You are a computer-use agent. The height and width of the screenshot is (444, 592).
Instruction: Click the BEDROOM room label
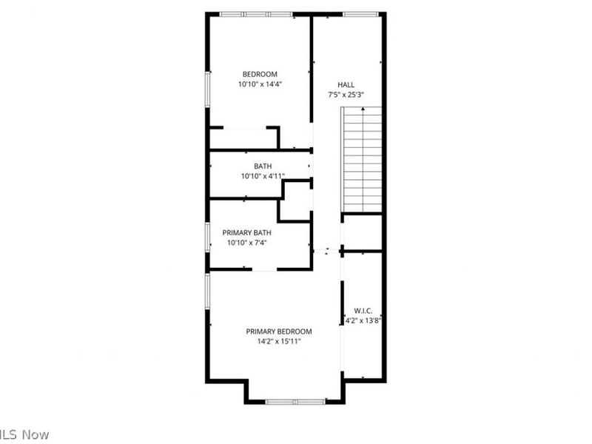point(260,73)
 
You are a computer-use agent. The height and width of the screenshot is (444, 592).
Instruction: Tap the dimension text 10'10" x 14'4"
point(260,84)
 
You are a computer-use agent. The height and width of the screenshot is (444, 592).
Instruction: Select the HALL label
point(346,84)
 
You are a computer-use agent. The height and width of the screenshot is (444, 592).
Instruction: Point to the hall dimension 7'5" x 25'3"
point(346,95)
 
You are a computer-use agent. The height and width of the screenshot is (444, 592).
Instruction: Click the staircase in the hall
point(362,158)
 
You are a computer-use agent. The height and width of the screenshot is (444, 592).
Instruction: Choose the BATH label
point(263,166)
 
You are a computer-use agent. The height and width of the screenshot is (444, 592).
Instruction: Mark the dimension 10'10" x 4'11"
point(263,176)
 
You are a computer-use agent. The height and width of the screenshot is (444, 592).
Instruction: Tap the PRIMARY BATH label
point(246,232)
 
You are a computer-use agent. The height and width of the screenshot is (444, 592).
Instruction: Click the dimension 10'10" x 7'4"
point(246,243)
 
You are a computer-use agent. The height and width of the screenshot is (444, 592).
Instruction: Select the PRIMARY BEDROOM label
point(279,332)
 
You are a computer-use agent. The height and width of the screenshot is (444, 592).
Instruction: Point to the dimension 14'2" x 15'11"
point(279,342)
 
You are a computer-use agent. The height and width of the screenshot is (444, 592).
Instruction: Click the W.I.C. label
point(363,311)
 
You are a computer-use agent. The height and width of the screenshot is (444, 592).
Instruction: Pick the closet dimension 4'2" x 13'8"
point(363,321)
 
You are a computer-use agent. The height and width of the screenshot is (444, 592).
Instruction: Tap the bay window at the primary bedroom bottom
point(295,402)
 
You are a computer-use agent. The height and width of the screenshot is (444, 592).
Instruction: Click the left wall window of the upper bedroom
point(208,92)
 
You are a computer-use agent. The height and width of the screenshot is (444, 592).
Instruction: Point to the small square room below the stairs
point(362,232)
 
